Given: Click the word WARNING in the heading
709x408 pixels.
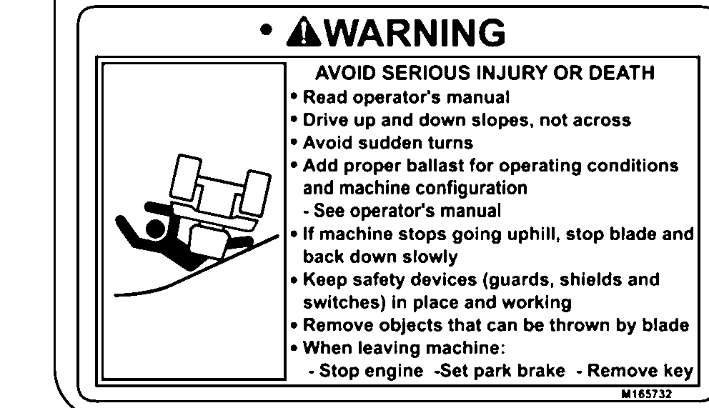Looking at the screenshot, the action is (415, 32).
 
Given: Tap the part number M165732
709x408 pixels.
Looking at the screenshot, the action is (647, 394).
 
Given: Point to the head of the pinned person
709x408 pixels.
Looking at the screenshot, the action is (155, 229).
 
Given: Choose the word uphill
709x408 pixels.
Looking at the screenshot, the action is (534, 234).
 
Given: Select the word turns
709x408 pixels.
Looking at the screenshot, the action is (450, 143).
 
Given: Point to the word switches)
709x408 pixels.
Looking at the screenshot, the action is (344, 302).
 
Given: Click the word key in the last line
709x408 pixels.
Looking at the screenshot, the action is (678, 372).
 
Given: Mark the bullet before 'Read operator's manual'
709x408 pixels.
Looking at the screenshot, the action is (294, 96).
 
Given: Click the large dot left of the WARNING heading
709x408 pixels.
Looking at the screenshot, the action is (267, 30).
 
